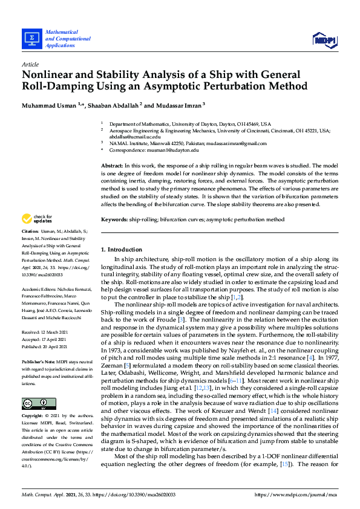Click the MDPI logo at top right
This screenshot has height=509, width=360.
(324, 40)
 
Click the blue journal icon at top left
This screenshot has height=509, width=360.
(31, 38)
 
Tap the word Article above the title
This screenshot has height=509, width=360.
(30, 64)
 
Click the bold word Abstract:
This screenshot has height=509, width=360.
(113, 165)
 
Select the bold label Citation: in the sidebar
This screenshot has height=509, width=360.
(30, 232)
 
